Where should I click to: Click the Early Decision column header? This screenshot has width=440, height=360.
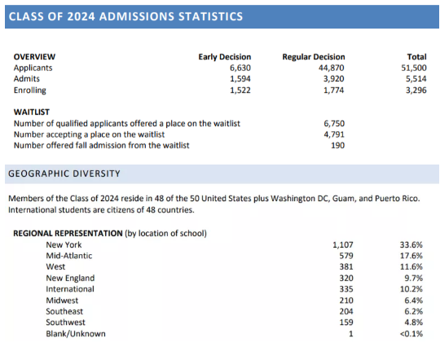click(x=225, y=57)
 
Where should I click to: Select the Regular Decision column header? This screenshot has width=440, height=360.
click(x=314, y=57)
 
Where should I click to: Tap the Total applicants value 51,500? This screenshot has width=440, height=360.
click(x=414, y=68)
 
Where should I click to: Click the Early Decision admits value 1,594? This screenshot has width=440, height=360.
click(x=240, y=79)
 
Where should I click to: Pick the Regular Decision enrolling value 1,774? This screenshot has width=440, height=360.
click(x=333, y=90)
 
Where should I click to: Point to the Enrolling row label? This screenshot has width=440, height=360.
click(x=30, y=90)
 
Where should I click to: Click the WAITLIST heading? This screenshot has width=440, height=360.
click(x=32, y=112)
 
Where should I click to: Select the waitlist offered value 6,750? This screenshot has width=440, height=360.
click(x=334, y=124)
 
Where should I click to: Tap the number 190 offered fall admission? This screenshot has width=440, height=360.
click(x=337, y=145)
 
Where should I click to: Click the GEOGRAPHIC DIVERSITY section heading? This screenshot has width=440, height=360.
click(x=64, y=173)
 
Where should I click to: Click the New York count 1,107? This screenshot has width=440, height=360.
click(x=342, y=245)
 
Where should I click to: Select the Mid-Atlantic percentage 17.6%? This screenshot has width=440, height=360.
click(x=411, y=256)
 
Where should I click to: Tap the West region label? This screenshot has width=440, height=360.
click(x=55, y=267)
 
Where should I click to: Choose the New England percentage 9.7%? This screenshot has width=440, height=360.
click(x=414, y=278)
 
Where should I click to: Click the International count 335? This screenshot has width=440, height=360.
click(x=346, y=289)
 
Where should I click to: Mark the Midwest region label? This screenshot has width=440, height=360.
click(x=62, y=301)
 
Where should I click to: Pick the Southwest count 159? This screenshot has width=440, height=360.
click(x=346, y=323)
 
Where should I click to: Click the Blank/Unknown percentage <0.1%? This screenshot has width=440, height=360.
click(x=411, y=334)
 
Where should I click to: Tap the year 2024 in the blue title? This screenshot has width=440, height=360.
click(x=81, y=16)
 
